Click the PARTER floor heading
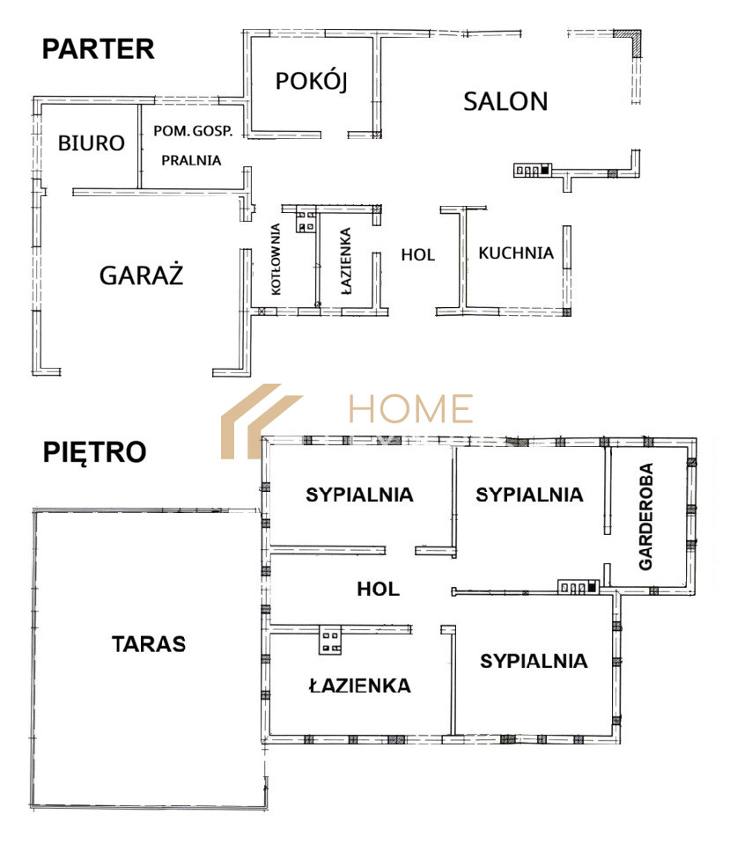point(99,49)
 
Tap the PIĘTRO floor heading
point(95,452)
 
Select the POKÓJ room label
point(311,81)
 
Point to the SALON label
point(505,101)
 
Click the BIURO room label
point(92,143)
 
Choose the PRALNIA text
point(191,160)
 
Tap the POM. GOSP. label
point(193,130)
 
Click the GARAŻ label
point(142,275)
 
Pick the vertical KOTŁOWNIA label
point(276,259)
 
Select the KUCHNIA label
point(516,253)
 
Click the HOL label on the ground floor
point(418,255)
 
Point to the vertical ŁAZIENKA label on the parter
point(346,261)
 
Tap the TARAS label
point(149,644)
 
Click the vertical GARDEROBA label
point(645,517)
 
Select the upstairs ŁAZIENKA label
point(360,685)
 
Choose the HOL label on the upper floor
point(378,590)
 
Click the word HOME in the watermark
point(411,408)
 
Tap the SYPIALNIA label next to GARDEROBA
point(529,495)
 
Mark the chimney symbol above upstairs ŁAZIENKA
point(330,640)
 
